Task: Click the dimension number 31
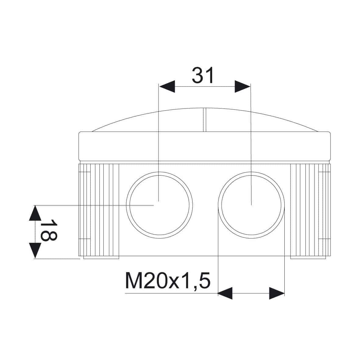tap(203, 75)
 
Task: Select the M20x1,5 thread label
tap(168, 280)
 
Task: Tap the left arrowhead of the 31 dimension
tap(167, 87)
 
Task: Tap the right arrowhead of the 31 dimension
tap(242, 87)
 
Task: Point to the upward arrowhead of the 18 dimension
tap(35, 213)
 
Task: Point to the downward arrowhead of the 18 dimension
tap(35, 251)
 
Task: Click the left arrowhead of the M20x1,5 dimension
tap(225, 293)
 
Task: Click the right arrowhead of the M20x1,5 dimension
tap(277, 293)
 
